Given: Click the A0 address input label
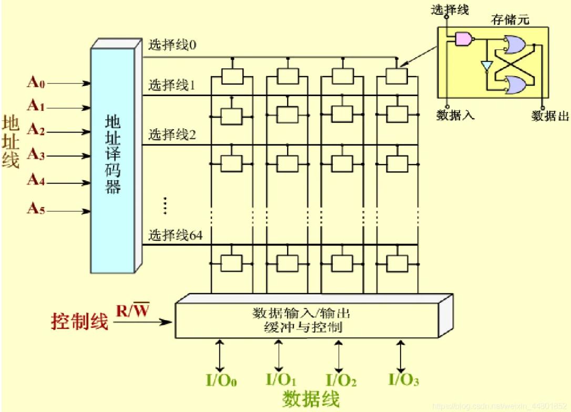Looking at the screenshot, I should point(36,83).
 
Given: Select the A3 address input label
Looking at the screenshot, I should point(36,155).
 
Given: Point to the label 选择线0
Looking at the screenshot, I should point(172,45).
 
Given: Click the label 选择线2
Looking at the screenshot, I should point(172,135).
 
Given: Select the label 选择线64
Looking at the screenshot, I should point(175,235).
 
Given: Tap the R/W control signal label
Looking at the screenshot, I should point(132,312).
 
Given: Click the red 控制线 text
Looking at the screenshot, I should point(79,321).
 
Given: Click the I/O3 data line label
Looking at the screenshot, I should point(403,380).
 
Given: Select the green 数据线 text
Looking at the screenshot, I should point(310,399).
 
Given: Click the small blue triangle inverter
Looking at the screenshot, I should point(487,66).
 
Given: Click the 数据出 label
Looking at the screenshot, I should point(550,116).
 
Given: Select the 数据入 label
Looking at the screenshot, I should point(455,115).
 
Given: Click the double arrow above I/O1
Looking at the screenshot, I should point(278,356).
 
